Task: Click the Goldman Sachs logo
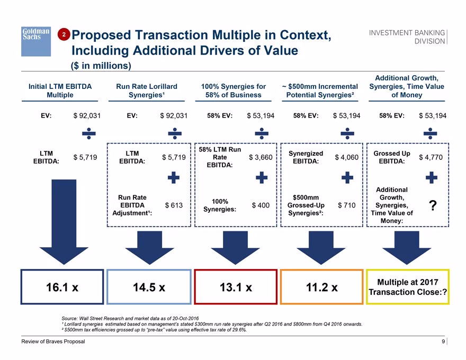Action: pos(36,41)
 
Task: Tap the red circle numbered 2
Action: pos(64,34)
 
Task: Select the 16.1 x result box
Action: pos(62,287)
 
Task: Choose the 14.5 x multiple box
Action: pos(149,287)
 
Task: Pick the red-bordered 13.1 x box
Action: pos(236,287)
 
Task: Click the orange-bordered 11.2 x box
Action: pos(322,287)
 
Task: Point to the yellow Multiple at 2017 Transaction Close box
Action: pos(408,287)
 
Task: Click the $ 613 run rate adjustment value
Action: pos(174,205)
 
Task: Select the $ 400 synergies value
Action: pos(261,205)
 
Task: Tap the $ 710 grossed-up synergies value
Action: pos(346,205)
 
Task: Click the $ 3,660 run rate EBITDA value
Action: pos(261,157)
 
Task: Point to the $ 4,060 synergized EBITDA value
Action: pos(346,157)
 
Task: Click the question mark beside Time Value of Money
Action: pos(433,205)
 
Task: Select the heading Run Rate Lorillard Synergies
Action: pos(147,91)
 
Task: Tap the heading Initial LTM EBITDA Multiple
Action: pos(60,91)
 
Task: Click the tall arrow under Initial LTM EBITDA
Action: pos(64,222)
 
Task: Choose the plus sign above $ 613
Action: pos(174,178)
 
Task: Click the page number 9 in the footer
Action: pos(443,341)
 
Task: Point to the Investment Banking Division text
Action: pos(407,37)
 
